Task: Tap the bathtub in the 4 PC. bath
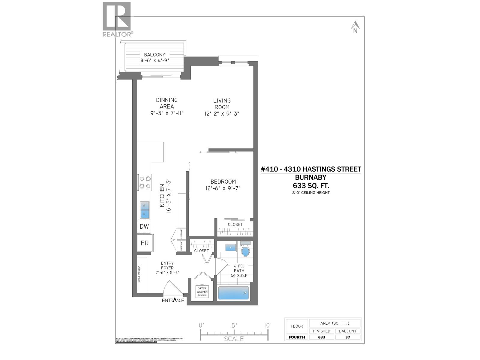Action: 233,293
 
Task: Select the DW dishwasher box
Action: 144,226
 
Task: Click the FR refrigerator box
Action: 145,243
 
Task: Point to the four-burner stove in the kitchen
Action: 145,182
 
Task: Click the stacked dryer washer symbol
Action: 202,291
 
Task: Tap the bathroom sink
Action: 230,247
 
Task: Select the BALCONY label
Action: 154,55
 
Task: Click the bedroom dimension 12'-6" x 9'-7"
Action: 223,188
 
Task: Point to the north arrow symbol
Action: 355,27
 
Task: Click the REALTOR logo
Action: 117,19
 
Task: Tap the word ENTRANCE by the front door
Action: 173,300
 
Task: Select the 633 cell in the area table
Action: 322,337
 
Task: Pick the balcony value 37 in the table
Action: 347,337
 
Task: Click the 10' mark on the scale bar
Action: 268,325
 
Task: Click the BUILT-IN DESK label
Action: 139,274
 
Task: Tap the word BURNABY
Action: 311,177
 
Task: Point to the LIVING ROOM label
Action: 222,103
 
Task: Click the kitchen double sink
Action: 145,210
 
